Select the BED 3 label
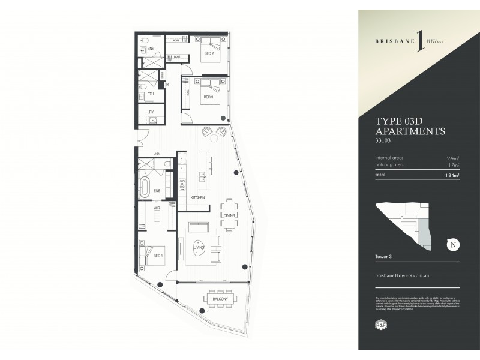[208, 97]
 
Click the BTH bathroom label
[151, 94]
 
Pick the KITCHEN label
[197, 197]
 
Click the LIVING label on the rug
[199, 247]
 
